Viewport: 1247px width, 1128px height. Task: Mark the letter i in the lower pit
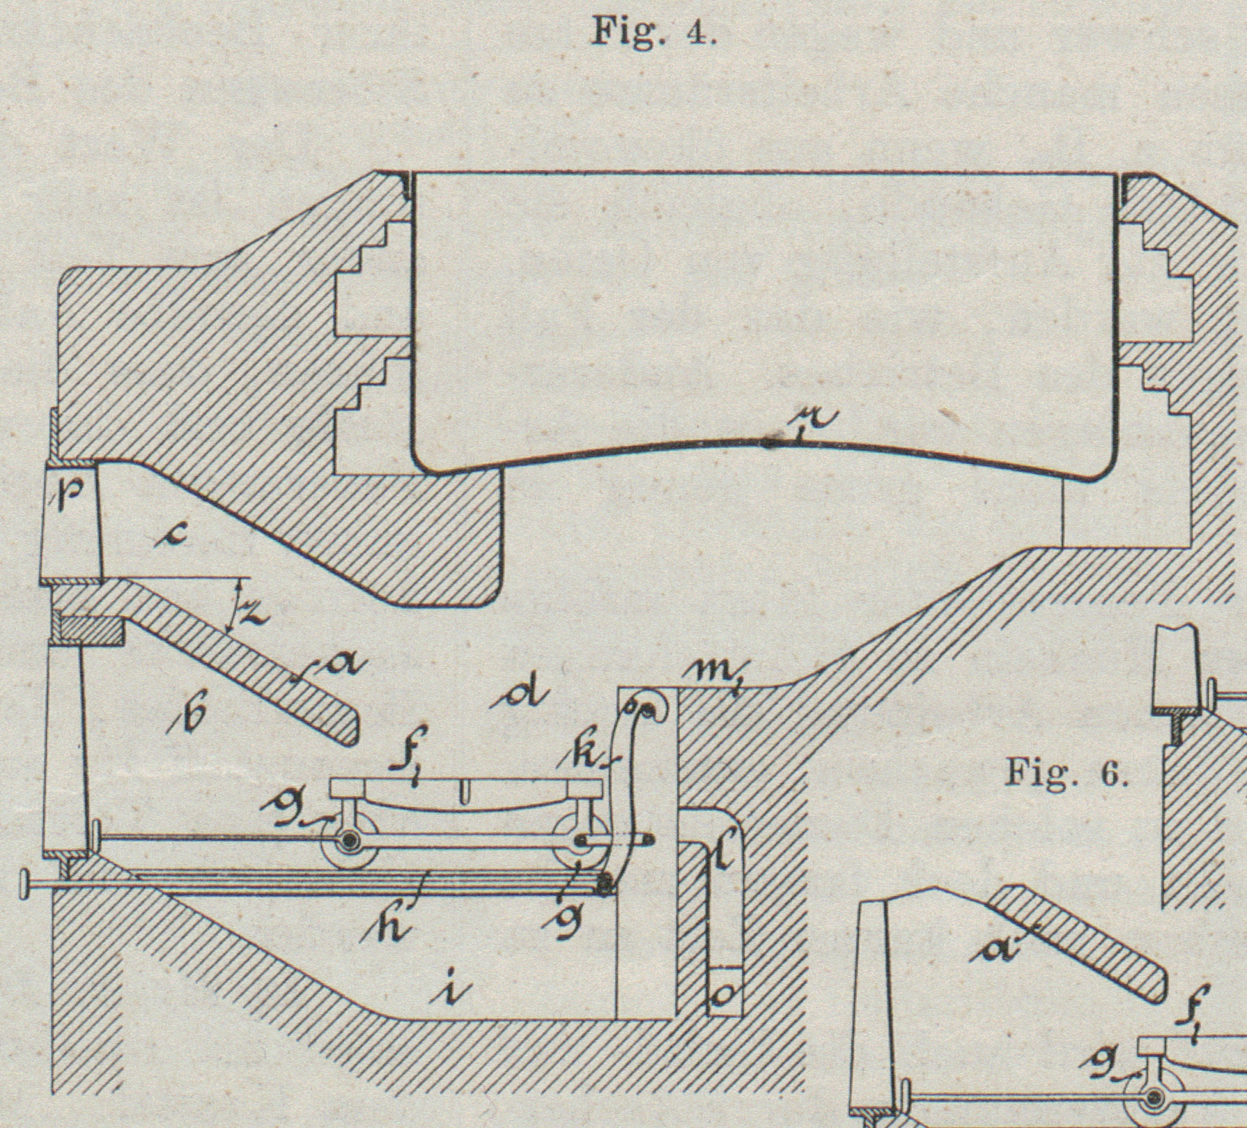(458, 990)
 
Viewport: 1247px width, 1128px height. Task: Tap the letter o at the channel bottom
(724, 996)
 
